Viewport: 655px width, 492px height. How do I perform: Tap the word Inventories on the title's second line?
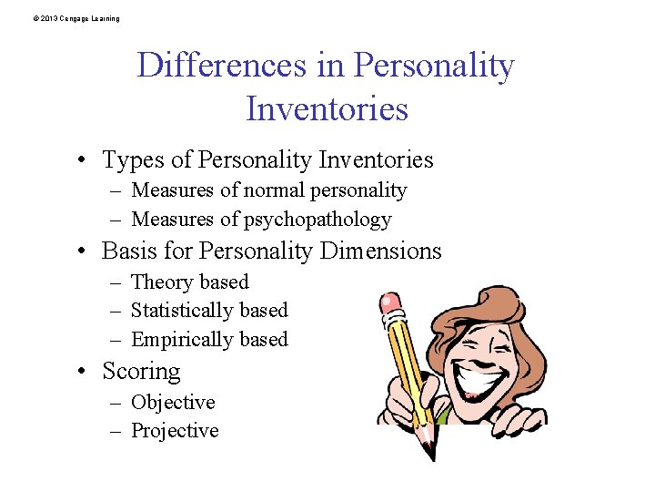click(327, 108)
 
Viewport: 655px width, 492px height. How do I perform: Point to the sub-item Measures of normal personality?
click(268, 190)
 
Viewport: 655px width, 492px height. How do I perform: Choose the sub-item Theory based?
click(189, 282)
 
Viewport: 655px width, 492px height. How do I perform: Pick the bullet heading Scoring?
click(141, 371)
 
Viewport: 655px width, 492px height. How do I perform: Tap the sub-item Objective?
click(173, 403)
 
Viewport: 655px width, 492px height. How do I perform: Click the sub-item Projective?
click(175, 431)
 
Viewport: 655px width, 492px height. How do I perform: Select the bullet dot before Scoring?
click(82, 372)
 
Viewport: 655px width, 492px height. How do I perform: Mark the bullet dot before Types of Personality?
click(82, 161)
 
